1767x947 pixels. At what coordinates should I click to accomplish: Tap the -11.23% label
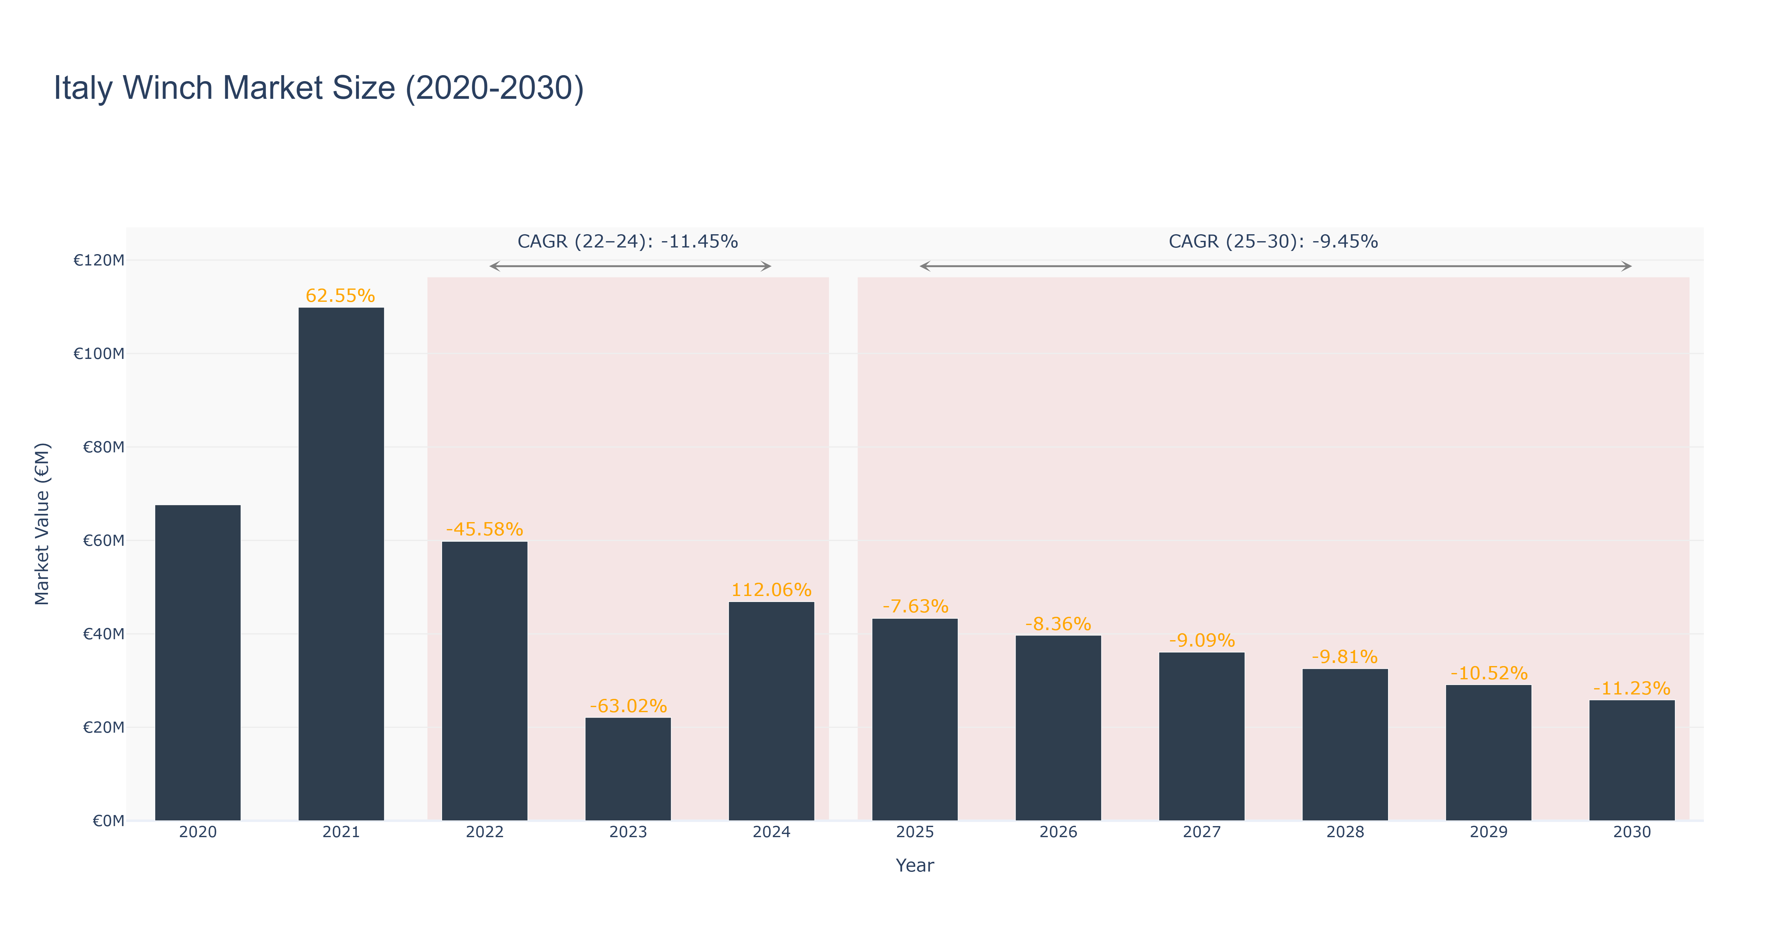click(1632, 688)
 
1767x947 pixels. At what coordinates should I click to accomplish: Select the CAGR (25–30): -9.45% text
click(1273, 241)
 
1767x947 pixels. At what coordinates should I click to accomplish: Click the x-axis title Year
click(914, 865)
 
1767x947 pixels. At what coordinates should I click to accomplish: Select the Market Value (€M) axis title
click(42, 524)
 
